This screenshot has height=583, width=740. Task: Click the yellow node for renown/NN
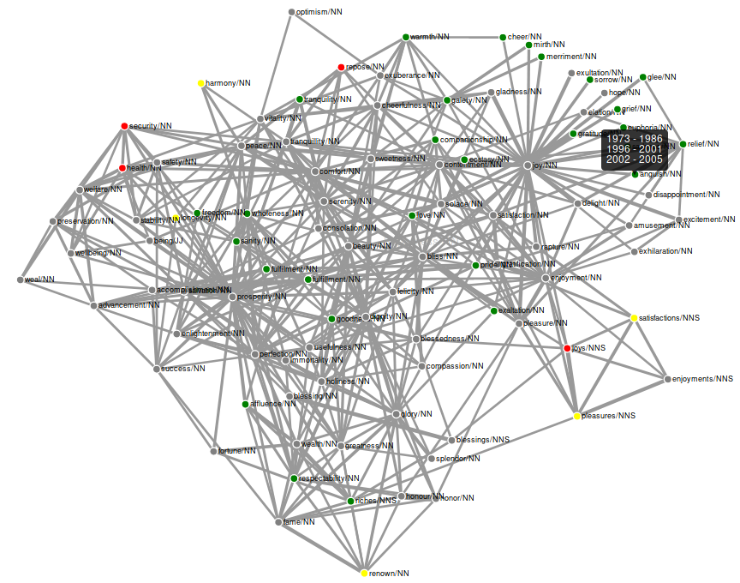point(364,573)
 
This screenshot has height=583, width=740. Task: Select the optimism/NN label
point(319,12)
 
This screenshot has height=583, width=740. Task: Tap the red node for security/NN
point(125,126)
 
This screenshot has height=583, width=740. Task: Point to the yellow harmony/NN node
point(201,83)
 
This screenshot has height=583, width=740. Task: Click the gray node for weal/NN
point(20,279)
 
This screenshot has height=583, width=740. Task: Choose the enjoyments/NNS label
point(702,378)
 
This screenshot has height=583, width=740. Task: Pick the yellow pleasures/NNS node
point(577,416)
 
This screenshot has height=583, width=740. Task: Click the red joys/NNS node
point(567,348)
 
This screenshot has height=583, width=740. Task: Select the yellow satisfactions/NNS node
point(635,318)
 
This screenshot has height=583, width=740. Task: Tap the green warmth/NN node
point(406,37)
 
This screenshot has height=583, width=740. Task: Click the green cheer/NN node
point(503,37)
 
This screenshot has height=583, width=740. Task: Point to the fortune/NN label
point(237,450)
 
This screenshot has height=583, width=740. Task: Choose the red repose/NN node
point(341,67)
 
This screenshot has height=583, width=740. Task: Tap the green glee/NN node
point(643,77)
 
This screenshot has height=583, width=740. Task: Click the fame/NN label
point(299,521)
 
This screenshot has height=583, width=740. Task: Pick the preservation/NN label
point(86,221)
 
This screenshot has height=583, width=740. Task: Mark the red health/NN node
point(122,168)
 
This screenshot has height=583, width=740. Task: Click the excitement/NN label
point(709,219)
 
